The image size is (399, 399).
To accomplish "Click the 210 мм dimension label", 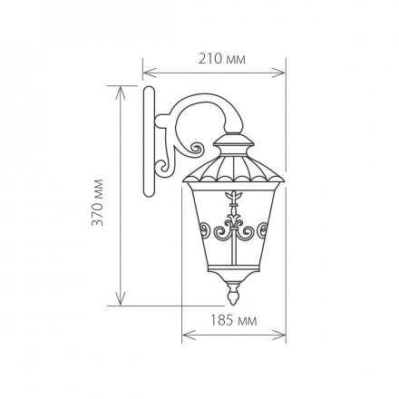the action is click(222, 59).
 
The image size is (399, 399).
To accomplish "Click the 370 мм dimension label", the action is click(97, 202).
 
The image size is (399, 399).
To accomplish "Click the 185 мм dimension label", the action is click(233, 320).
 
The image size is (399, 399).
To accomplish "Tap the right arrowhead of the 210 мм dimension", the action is click(278, 73).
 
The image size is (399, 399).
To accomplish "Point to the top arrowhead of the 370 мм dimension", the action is click(121, 92).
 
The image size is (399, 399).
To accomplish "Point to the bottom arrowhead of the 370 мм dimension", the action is click(121, 298).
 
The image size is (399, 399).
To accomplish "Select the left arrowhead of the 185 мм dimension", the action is click(189, 335).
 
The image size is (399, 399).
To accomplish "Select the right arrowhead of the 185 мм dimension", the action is click(279, 335).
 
